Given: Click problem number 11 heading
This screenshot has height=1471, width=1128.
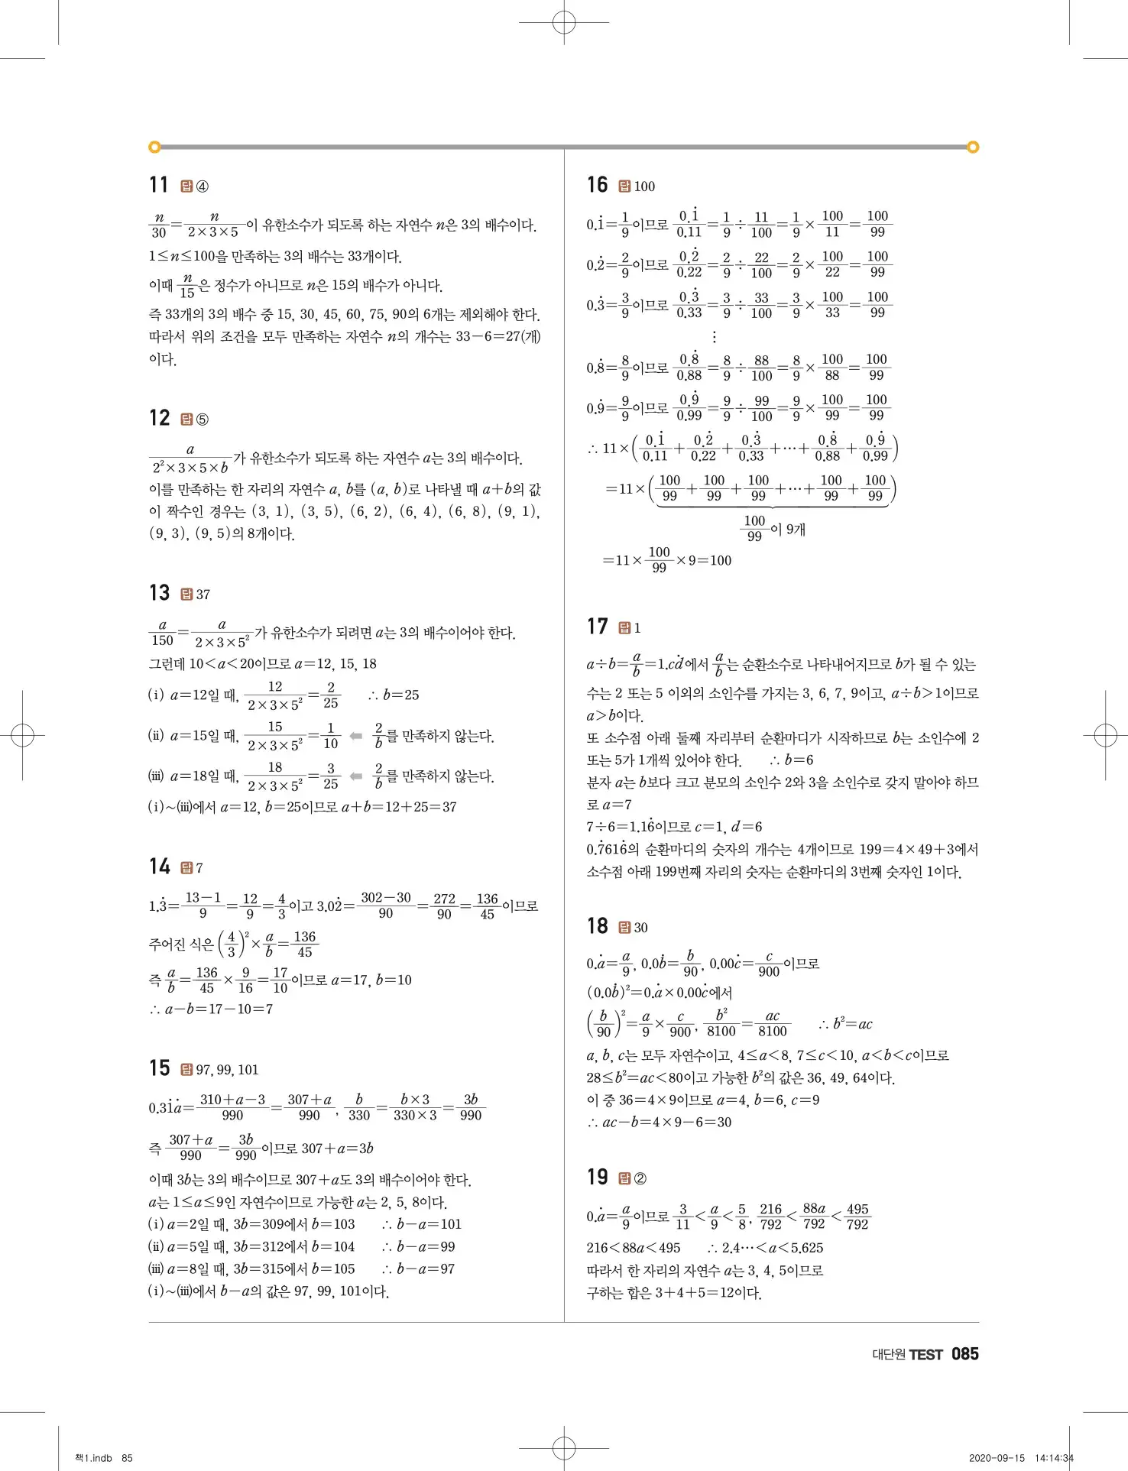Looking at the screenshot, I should point(159,185).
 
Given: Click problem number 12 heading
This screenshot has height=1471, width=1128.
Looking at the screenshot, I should point(159,418).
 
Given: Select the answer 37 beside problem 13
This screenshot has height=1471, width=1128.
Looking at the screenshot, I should point(203,595).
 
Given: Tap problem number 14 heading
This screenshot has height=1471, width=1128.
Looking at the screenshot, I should point(159,867).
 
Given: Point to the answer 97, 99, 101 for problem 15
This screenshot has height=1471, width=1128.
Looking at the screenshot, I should point(227,1070).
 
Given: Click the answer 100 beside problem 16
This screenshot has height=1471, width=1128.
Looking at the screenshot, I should point(644,186).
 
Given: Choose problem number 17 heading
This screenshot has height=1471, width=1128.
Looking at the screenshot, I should point(597,627).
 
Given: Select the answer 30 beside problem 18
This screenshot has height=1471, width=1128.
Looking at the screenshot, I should point(640,928).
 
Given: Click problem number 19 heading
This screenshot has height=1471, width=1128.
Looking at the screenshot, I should point(597,1178).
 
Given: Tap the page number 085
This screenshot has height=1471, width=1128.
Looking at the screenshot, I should point(964,1354).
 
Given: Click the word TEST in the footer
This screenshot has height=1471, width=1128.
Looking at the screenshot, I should point(926,1355).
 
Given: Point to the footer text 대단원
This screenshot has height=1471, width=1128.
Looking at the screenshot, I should point(889,1355).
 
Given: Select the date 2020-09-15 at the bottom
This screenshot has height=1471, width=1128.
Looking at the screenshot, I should point(997,1458).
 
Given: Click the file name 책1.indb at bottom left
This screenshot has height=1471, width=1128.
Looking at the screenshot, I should point(93,1458).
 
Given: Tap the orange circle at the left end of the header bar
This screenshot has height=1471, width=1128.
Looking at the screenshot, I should point(154,147).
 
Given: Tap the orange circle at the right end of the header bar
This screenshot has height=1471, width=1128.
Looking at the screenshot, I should point(973,147).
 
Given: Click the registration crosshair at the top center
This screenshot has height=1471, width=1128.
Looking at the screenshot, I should point(564,23).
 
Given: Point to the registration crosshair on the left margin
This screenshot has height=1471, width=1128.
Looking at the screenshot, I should point(23,736).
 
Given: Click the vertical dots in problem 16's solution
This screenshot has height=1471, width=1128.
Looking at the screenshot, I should point(714,336).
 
